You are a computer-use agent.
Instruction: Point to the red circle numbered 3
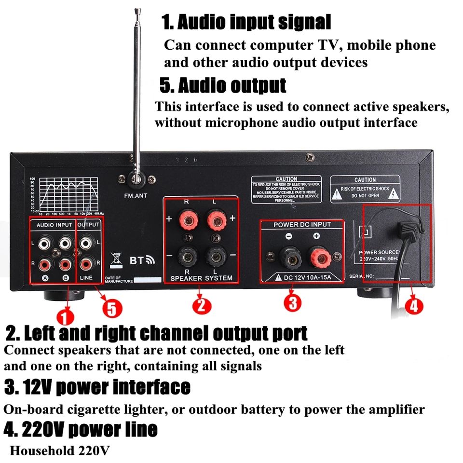point(292,302)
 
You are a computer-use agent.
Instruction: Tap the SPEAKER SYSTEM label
point(201,278)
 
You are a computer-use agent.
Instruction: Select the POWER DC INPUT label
point(302,224)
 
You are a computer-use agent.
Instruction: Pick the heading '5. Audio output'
point(223,86)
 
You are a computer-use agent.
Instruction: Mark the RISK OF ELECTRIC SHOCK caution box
point(365,189)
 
